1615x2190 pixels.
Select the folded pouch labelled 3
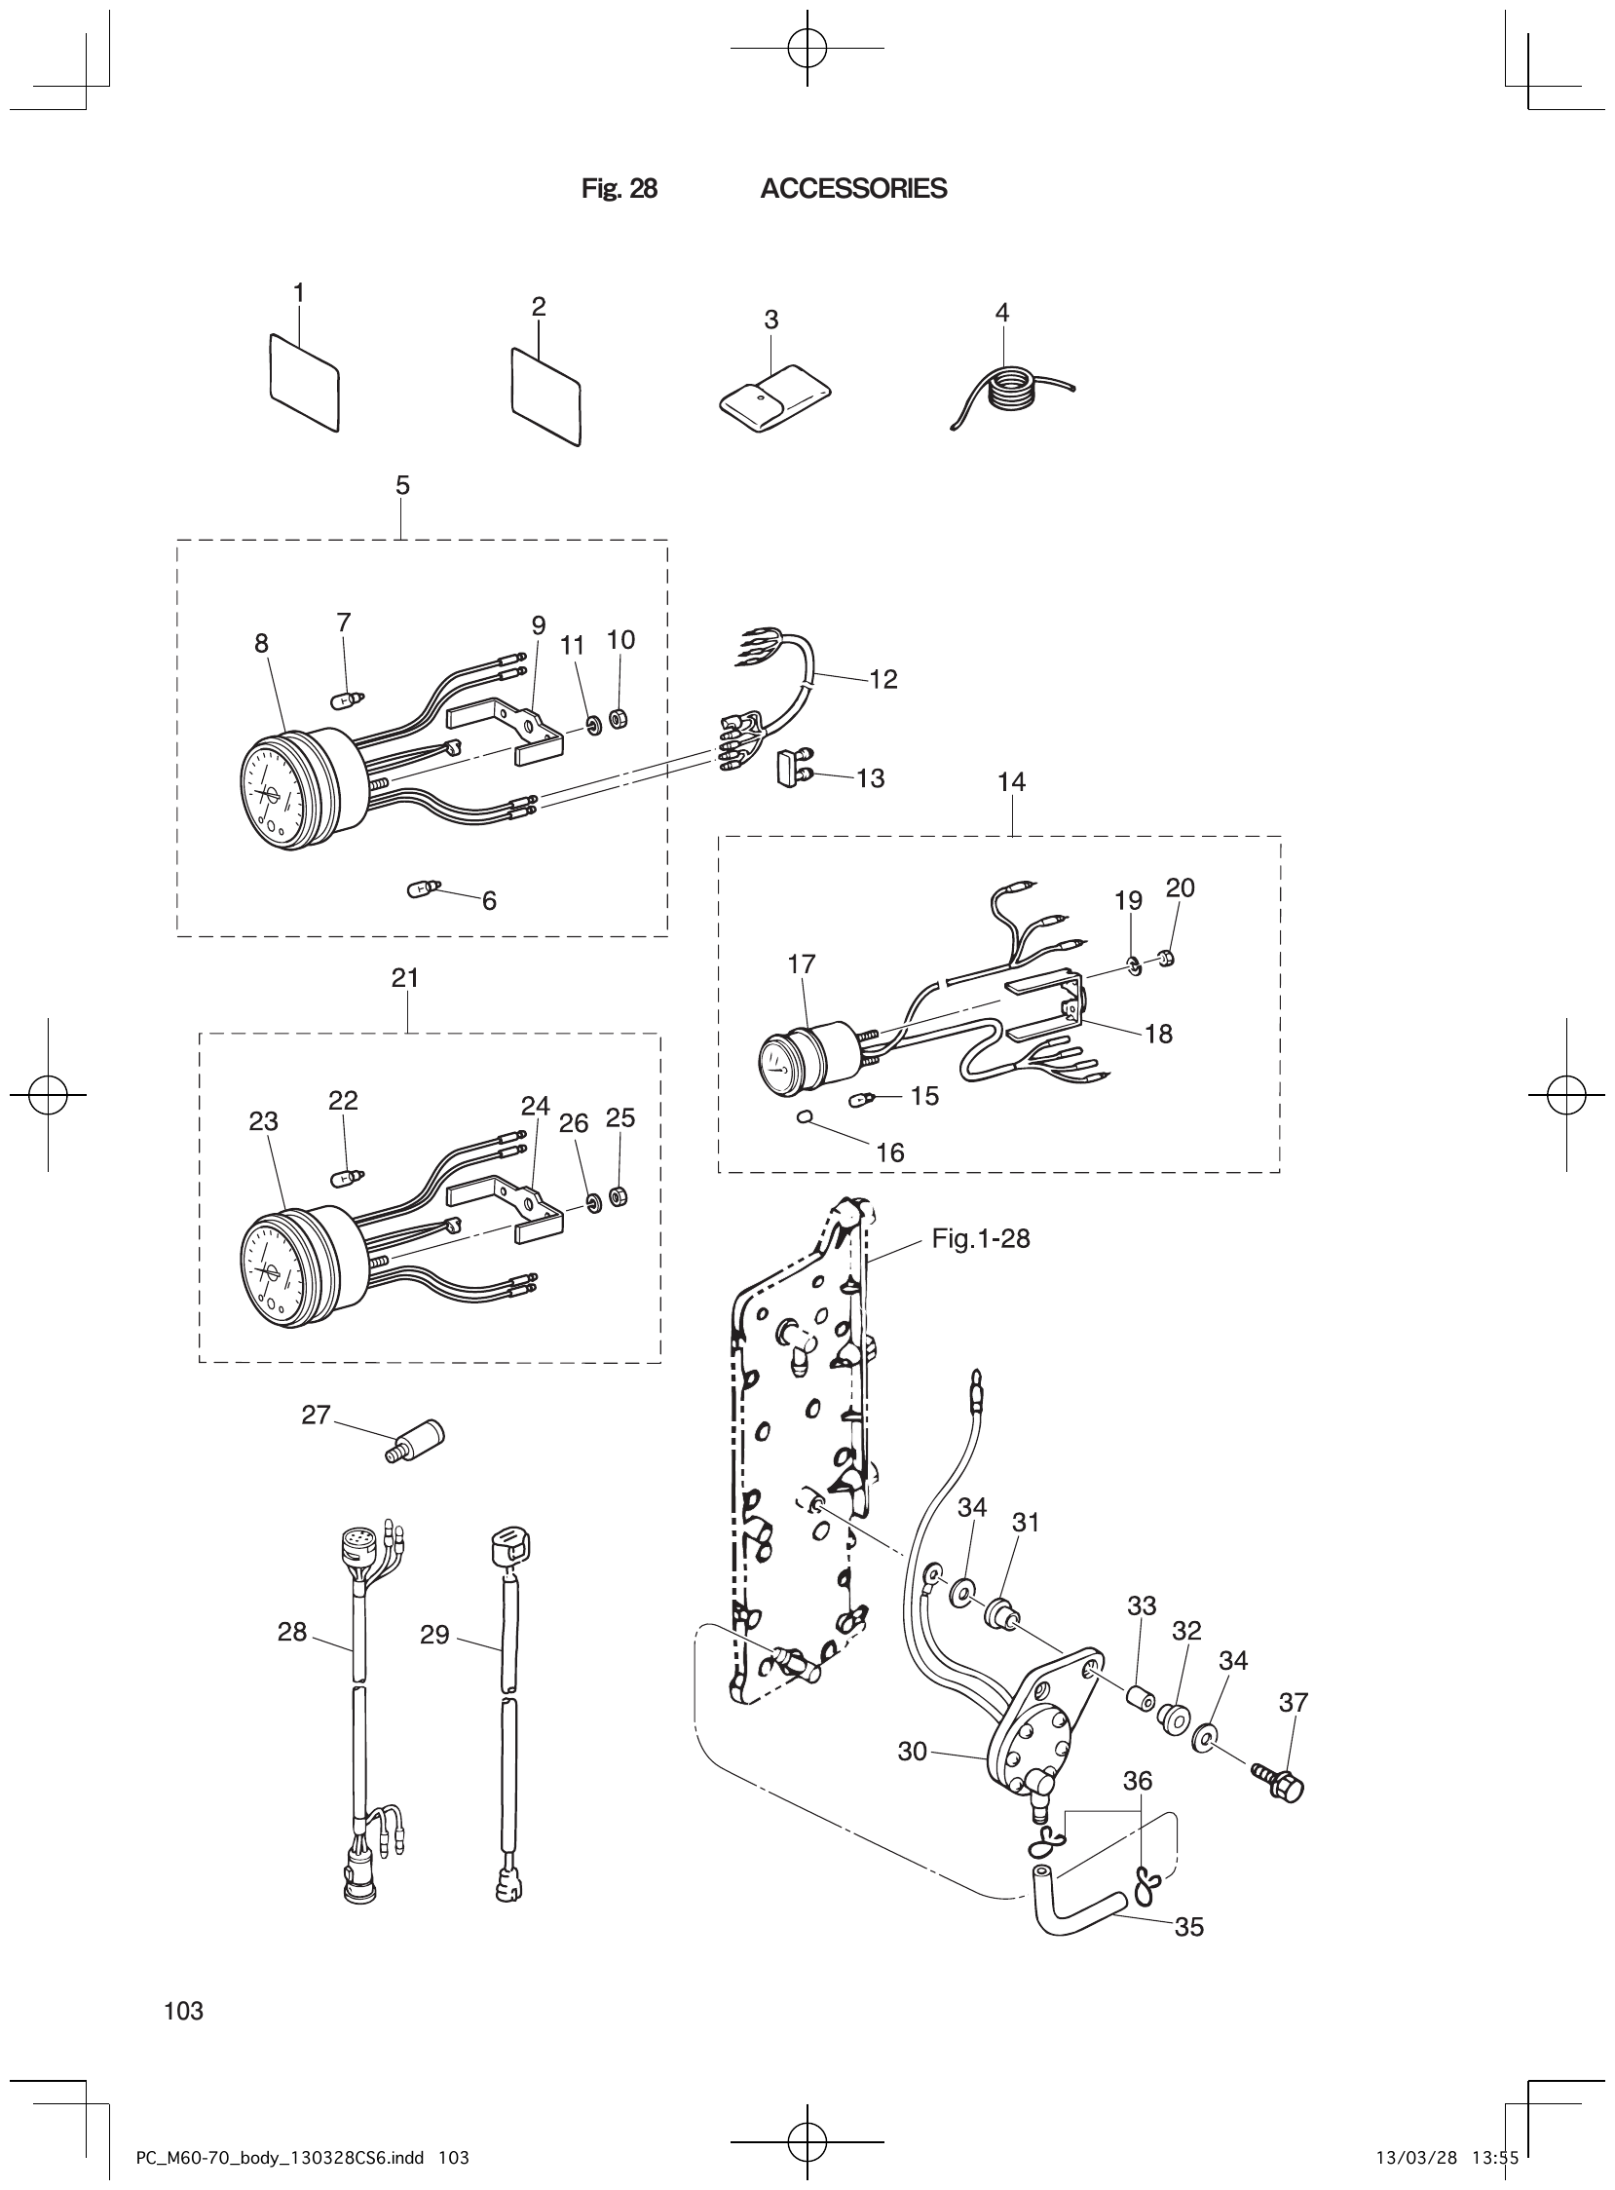(x=772, y=396)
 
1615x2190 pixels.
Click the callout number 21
(x=406, y=977)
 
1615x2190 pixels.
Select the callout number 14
(x=1012, y=781)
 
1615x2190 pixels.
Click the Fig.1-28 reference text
(x=981, y=1239)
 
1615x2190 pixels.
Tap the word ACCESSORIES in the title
(x=852, y=189)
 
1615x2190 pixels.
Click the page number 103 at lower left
(x=184, y=2010)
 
